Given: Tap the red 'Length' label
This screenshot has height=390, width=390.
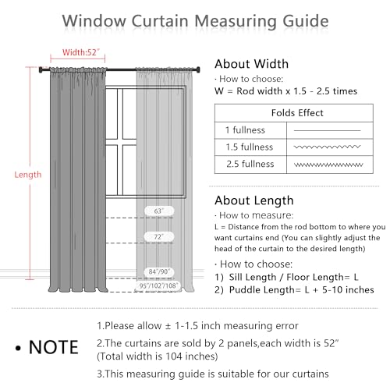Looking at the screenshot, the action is pyautogui.click(x=28, y=175).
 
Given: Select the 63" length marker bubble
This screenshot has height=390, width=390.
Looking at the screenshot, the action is pyautogui.click(x=159, y=211).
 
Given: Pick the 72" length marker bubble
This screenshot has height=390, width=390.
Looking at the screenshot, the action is pyautogui.click(x=159, y=236).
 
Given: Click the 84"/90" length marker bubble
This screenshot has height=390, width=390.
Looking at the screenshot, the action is pyautogui.click(x=159, y=271).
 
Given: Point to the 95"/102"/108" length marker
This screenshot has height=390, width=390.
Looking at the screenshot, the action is pyautogui.click(x=158, y=285).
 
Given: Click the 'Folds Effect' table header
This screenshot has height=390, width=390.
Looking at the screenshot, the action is pyautogui.click(x=297, y=113).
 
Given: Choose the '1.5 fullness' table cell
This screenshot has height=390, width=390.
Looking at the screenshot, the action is pyautogui.click(x=250, y=147).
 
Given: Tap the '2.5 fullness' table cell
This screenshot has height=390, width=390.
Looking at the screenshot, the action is pyautogui.click(x=250, y=164).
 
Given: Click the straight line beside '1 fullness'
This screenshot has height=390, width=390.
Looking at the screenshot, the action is pyautogui.click(x=328, y=130).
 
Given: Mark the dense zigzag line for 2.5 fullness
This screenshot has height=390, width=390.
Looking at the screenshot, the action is pyautogui.click(x=328, y=165).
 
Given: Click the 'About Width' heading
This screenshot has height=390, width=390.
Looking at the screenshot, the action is pyautogui.click(x=251, y=64).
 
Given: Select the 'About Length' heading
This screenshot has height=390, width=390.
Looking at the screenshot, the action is pyautogui.click(x=254, y=200).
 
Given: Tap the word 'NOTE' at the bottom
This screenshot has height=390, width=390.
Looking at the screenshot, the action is pyautogui.click(x=54, y=347).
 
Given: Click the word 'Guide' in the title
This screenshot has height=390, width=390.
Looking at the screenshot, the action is pyautogui.click(x=306, y=21).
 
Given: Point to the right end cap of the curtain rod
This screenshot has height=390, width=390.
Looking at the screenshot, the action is pyautogui.click(x=198, y=69).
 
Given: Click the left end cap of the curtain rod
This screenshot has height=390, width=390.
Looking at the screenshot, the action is pyautogui.click(x=41, y=70).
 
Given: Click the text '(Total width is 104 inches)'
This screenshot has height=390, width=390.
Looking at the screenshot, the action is pyautogui.click(x=158, y=356).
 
